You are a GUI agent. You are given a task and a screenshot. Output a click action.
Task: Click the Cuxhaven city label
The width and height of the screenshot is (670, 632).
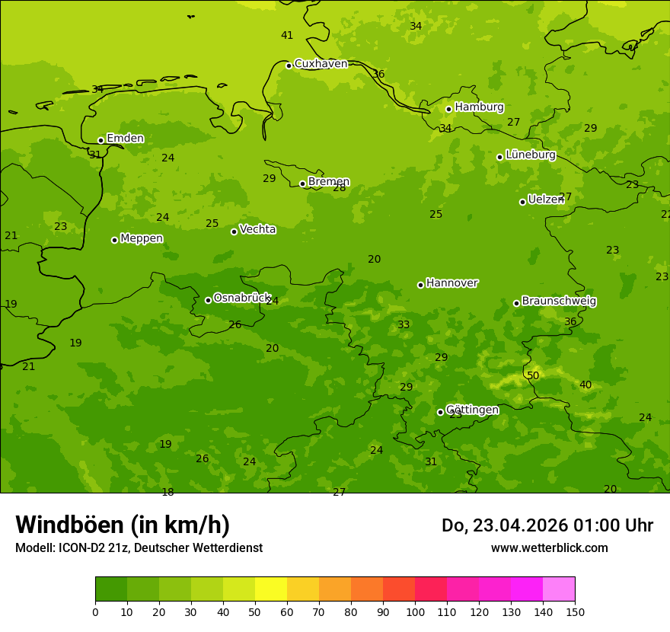(321, 64)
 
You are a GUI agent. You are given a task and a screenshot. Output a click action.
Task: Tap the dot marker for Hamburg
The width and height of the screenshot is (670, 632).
(449, 109)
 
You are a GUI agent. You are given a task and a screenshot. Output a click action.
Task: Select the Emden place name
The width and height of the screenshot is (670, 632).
(125, 139)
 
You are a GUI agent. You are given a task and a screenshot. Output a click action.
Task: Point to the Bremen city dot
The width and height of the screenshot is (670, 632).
(302, 184)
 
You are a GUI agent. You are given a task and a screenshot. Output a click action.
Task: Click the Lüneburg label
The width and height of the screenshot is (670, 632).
(530, 155)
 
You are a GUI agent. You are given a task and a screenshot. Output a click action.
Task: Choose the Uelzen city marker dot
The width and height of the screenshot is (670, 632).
(522, 202)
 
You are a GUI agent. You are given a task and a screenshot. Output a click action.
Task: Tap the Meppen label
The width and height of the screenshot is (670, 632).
(142, 238)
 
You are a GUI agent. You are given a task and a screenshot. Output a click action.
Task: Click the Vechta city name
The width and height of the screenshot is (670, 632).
(257, 229)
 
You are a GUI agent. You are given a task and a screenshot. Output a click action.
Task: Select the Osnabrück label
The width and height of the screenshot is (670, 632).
(241, 298)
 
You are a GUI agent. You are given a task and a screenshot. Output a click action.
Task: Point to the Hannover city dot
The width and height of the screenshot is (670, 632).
(420, 285)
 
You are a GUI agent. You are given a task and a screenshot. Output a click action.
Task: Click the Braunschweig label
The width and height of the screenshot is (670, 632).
(559, 302)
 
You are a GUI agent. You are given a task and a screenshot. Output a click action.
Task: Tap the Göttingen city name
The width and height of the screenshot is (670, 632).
(472, 410)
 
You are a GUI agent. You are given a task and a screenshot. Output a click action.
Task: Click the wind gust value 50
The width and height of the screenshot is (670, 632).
(533, 375)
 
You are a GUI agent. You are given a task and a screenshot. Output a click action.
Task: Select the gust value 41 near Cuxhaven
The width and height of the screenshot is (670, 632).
(287, 35)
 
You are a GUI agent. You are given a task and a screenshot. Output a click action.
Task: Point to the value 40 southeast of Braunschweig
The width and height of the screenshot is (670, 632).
(585, 385)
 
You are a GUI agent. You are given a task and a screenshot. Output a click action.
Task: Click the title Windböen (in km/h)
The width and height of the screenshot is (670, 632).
(123, 525)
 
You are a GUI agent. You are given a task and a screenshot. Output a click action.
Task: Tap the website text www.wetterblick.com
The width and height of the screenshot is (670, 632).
(549, 547)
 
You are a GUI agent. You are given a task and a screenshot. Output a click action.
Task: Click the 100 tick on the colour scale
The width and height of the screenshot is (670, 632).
(415, 611)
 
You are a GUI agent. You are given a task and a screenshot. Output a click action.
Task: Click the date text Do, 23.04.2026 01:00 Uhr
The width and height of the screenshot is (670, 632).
(547, 525)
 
